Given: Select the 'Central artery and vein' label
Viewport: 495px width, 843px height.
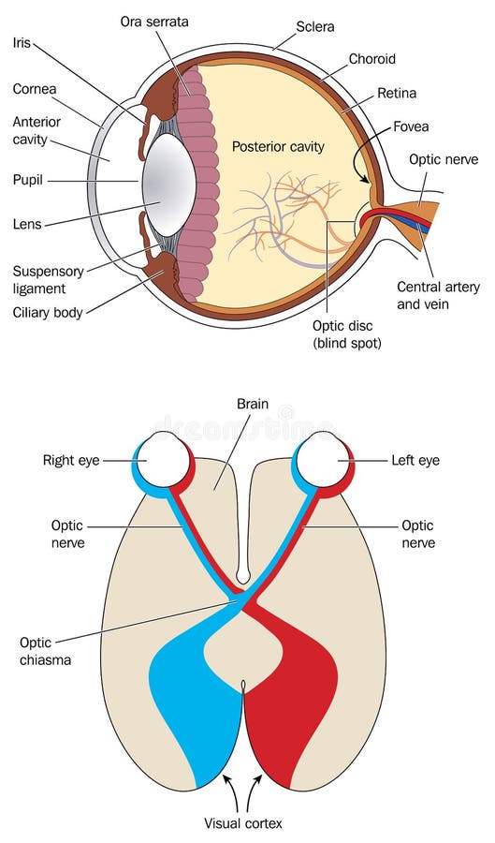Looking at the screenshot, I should (x=437, y=295).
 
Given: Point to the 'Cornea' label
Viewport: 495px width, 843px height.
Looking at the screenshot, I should (x=36, y=89).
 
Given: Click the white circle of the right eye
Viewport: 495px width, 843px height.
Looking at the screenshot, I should (x=167, y=459).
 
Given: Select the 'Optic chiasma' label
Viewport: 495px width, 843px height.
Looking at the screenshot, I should (x=43, y=652).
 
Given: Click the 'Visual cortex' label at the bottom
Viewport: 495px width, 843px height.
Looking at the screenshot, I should (x=243, y=823).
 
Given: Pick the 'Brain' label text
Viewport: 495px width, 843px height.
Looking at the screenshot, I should (x=252, y=405).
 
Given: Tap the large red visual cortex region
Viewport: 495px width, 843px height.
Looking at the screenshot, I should (x=295, y=693).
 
